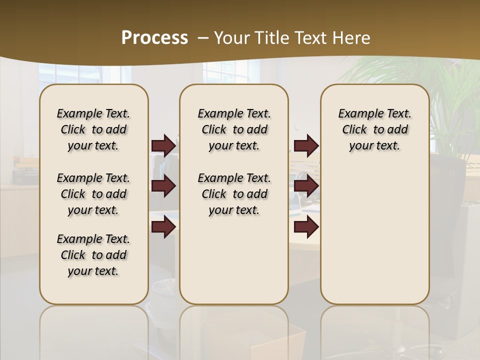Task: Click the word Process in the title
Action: tap(154, 38)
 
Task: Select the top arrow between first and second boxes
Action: tap(163, 145)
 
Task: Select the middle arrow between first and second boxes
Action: tap(163, 186)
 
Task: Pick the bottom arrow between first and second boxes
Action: tap(163, 227)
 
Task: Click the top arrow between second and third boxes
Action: tap(306, 145)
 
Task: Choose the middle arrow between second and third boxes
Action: tap(306, 186)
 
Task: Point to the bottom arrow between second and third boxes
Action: tap(306, 227)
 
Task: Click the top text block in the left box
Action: tap(93, 129)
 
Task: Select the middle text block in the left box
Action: tap(93, 194)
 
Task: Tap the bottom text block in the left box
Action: tap(93, 255)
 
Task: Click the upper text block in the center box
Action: tap(234, 129)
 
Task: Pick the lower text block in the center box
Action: tap(234, 194)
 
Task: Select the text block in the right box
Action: tap(375, 129)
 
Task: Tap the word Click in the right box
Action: tap(354, 130)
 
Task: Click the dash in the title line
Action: tap(203, 38)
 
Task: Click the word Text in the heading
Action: tap(312, 38)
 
